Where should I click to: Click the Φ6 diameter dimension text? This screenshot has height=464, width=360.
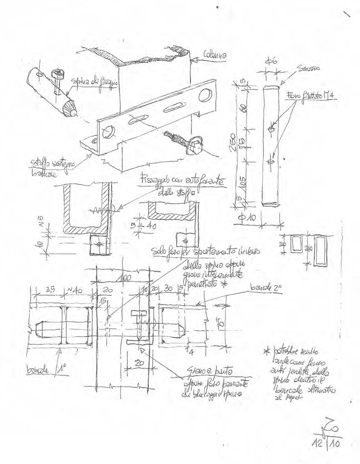pos(272,62)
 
